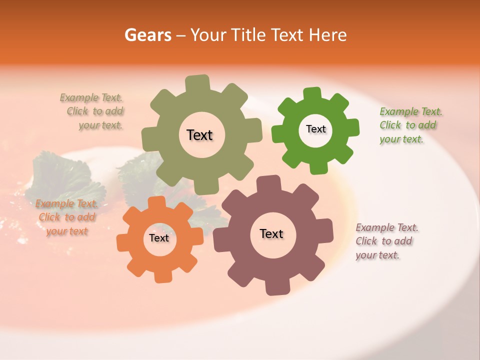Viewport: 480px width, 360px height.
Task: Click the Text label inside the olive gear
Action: coord(199,135)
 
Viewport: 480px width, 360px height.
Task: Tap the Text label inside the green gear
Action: coord(315,129)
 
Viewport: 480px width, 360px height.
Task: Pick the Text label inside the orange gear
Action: coord(159,238)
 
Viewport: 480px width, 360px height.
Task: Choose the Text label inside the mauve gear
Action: coord(271,233)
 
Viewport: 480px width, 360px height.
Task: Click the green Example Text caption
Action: coord(410,125)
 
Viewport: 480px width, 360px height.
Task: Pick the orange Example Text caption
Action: coord(66,217)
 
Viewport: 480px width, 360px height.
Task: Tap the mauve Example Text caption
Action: coord(386,241)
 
